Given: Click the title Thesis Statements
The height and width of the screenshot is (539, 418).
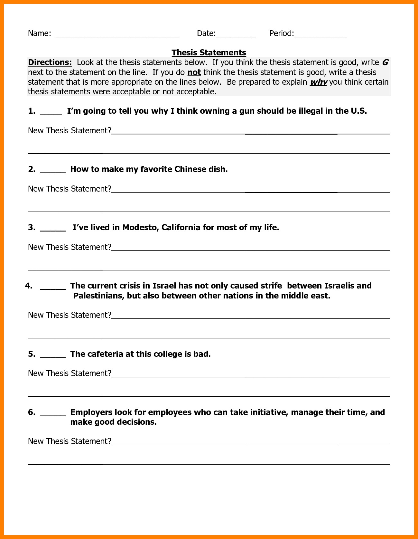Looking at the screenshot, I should pos(209,52).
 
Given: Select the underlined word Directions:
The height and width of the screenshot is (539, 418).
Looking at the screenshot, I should pos(50,62).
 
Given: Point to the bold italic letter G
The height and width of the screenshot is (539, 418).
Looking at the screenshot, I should pos(385,62).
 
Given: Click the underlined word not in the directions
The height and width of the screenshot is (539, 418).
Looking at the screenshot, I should pos(194,72).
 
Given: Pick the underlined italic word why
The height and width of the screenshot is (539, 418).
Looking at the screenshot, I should pos(318,82).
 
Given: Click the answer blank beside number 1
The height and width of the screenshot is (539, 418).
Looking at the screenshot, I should pos(51,113).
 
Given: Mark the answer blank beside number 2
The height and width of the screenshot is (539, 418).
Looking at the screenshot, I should pos(53,171).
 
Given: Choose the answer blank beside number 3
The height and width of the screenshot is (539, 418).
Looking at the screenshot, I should pos(53,229).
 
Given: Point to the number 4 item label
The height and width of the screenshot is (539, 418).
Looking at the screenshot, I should pos(29,286).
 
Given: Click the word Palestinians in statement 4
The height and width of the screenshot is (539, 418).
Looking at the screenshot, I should pos(98,296).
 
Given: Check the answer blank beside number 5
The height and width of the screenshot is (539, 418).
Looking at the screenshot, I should pos(53,356).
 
